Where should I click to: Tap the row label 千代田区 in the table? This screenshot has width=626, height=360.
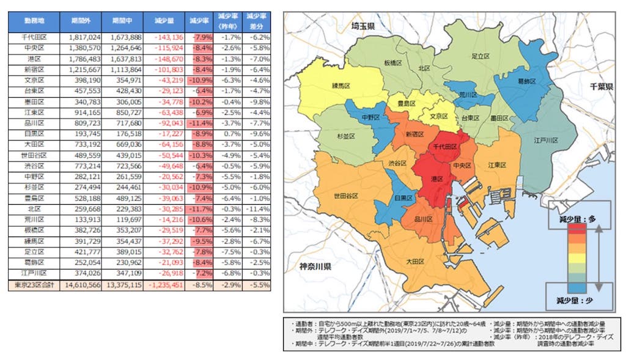[34, 37]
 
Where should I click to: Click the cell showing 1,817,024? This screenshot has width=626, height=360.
[83, 37]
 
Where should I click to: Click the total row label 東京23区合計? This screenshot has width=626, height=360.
[34, 284]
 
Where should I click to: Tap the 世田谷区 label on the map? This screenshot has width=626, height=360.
[346, 196]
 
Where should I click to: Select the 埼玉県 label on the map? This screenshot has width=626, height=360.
[366, 27]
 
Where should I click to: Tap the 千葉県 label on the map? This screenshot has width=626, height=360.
[602, 87]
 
